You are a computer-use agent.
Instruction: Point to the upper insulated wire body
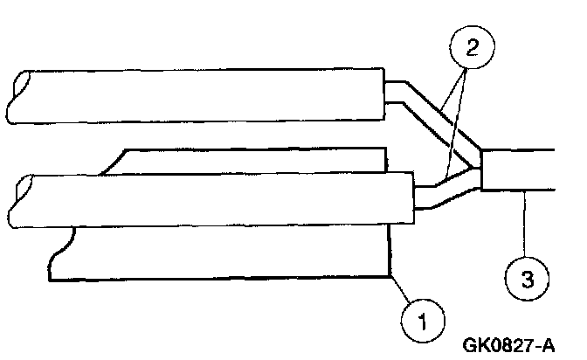[x=201, y=94]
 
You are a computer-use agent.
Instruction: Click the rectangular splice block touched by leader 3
[x=517, y=168]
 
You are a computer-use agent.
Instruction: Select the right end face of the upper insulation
[x=385, y=94]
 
